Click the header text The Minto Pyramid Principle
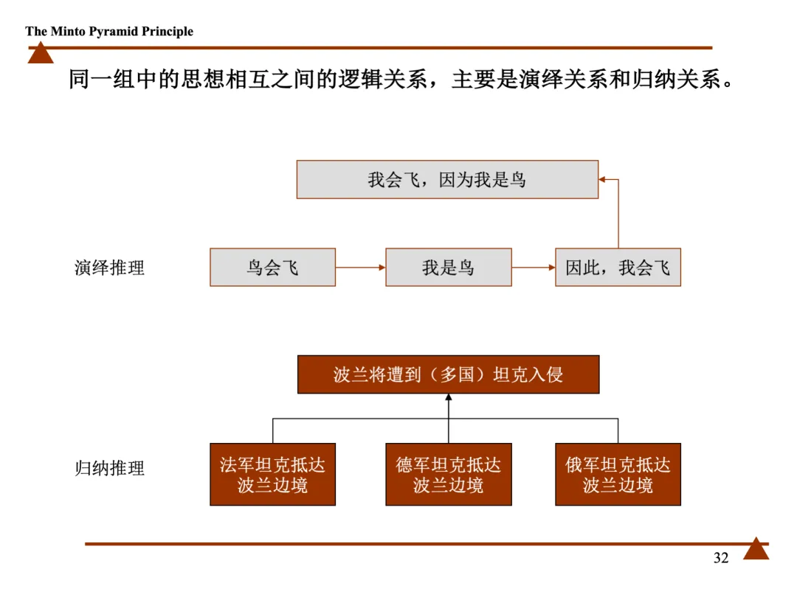109,32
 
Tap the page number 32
721,558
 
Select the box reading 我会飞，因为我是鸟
447,180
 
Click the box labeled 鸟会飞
272,268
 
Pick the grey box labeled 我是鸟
448,268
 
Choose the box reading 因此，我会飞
618,268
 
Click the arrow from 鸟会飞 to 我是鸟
360,268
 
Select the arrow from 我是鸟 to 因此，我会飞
533,268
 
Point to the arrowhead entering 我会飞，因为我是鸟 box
602,179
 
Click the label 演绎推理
109,268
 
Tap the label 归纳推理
109,468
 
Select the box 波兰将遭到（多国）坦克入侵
448,374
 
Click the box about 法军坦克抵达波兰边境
272,475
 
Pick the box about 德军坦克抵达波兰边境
448,475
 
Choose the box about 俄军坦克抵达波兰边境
618,475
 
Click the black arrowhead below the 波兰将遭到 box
448,399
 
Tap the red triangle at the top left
41,54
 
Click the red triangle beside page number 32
756,549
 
